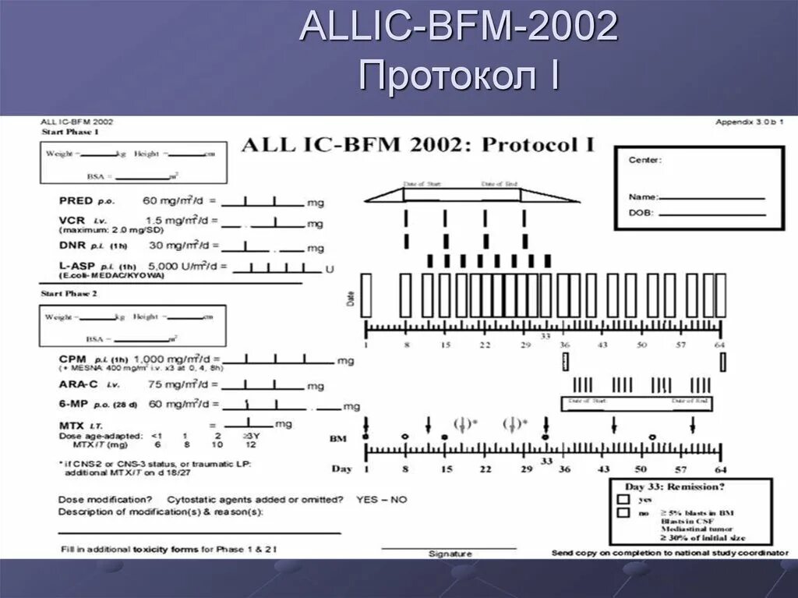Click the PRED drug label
(76, 201)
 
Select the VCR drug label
(71, 221)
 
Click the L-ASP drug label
(76, 266)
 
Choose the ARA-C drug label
(77, 385)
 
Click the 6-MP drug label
(74, 405)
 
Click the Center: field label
(644, 160)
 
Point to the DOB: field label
(641, 213)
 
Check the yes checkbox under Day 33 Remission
(623, 499)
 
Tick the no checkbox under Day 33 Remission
(623, 513)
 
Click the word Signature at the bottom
(450, 554)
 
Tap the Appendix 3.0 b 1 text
(749, 122)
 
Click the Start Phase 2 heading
(69, 295)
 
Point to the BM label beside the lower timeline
(337, 439)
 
